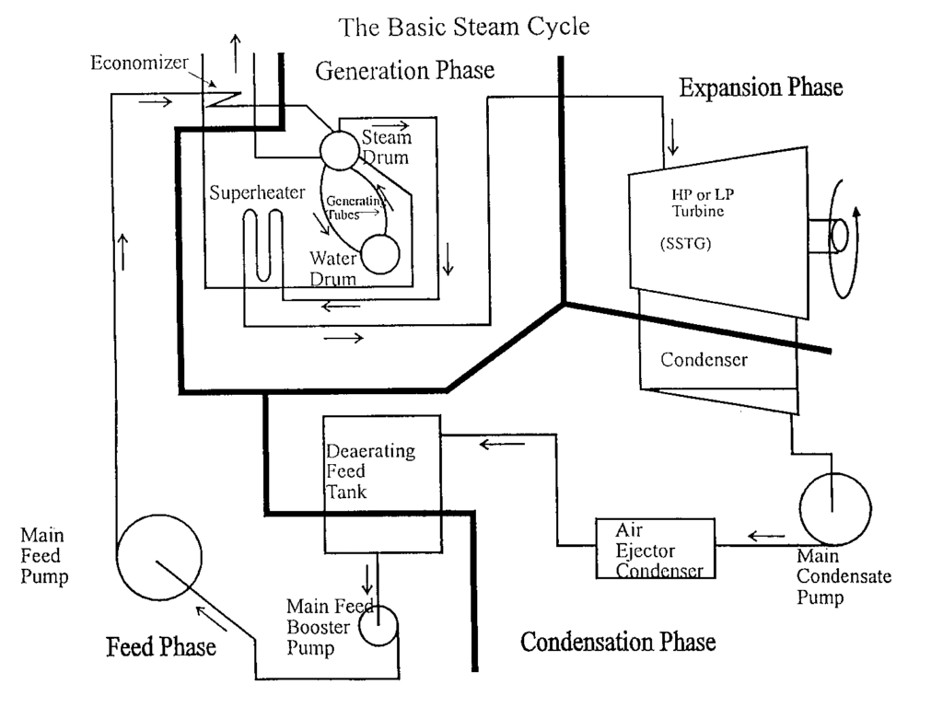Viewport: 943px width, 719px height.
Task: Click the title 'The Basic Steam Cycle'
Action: (x=464, y=27)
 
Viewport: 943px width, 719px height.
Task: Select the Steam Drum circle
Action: (x=338, y=150)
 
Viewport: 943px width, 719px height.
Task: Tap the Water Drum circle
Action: (x=379, y=255)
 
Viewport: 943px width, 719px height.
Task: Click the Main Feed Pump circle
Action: (x=159, y=558)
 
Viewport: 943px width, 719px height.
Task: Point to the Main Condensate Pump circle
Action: (x=834, y=505)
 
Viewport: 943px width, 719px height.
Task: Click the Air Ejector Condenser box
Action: (x=654, y=551)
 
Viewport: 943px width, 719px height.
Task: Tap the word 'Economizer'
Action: (x=139, y=63)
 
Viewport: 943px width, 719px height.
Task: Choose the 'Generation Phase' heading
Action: (x=405, y=71)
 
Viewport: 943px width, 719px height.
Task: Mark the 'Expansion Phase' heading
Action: (x=761, y=88)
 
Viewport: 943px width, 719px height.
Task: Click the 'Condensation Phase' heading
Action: (x=618, y=641)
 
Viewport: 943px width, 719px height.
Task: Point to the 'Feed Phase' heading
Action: (x=161, y=645)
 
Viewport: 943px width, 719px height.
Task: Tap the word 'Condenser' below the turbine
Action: (x=704, y=360)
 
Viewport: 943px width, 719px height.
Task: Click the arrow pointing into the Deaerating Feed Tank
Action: (x=500, y=445)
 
